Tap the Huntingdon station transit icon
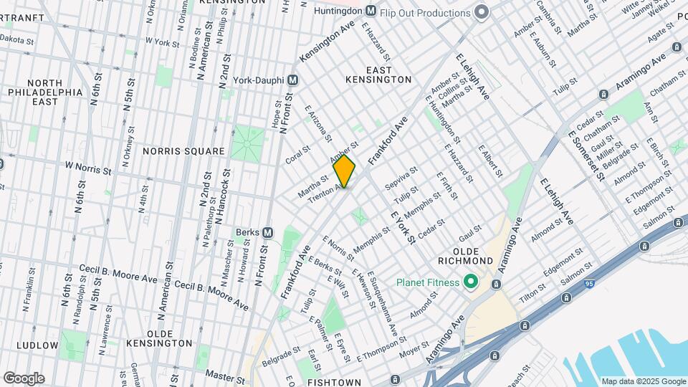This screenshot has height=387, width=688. click(371, 11)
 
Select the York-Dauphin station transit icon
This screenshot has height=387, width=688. click(292, 80)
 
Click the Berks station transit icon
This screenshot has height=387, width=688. click(267, 232)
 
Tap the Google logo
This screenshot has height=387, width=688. click(24, 378)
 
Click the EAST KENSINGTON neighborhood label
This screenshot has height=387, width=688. click(388, 75)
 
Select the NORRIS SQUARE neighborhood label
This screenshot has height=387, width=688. click(183, 151)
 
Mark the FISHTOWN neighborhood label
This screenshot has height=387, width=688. click(333, 383)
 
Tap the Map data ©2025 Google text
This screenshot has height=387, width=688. click(643, 381)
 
